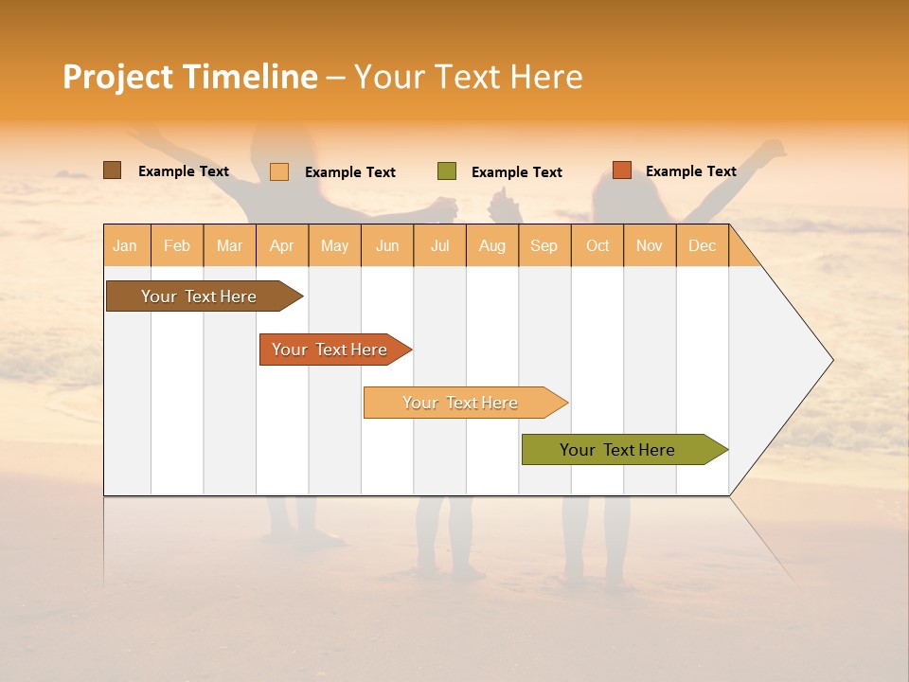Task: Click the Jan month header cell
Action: coord(126,245)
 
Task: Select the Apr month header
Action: coord(281,245)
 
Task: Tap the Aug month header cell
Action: coord(492,245)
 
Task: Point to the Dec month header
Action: coord(702,245)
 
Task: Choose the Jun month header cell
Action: coord(387,245)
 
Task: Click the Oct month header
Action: coord(597,245)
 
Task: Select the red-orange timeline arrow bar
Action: coord(331,350)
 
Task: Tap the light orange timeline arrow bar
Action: coord(462,403)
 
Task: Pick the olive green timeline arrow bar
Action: coord(620,450)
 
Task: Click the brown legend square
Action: coord(112,170)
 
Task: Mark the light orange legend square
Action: coord(278,171)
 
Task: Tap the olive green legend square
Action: coord(447,170)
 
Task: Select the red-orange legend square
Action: coord(621,170)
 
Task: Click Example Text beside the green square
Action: coord(516,171)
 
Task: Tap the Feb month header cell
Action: coord(177,245)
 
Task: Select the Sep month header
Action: coord(544,245)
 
